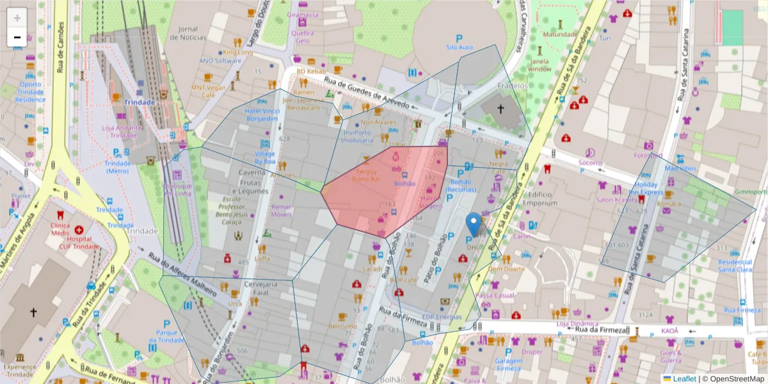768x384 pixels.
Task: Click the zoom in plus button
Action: point(17,18)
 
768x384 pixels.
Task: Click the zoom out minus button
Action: point(17,37)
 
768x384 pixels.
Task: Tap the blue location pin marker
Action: point(474,225)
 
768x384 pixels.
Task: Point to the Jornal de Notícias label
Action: point(188,33)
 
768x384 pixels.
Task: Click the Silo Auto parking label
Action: point(459,47)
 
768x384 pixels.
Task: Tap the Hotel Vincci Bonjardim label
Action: point(262,115)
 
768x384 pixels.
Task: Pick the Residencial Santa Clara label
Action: point(735,266)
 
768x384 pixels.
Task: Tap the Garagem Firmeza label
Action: point(509,364)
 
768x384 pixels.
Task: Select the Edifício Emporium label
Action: point(540,199)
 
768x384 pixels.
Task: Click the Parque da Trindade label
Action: point(166,336)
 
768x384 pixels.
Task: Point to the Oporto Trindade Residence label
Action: point(30,92)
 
